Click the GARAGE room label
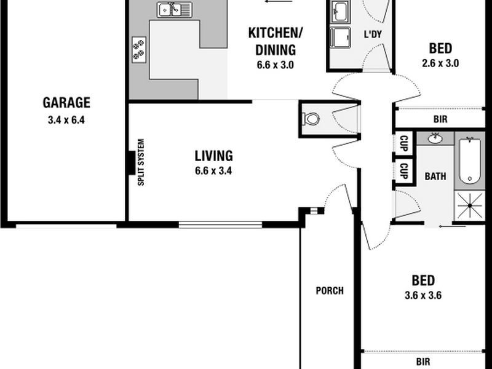pos(66,103)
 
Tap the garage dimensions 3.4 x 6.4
pos(66,121)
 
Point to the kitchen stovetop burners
pos(139,50)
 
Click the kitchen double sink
pos(174,10)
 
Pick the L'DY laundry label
pos(373,34)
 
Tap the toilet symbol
pos(312,118)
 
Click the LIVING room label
pos(213,156)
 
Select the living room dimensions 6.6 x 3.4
pos(213,172)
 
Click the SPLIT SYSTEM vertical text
pos(141,163)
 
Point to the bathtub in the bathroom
pos(470,161)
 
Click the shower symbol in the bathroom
pos(469,205)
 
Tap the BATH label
pos(435,177)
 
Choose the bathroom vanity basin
pos(437,138)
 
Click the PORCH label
pos(330,291)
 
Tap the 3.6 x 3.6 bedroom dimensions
pos(423,295)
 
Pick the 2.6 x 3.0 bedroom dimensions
pos(440,63)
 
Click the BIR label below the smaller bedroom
pos(440,119)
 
